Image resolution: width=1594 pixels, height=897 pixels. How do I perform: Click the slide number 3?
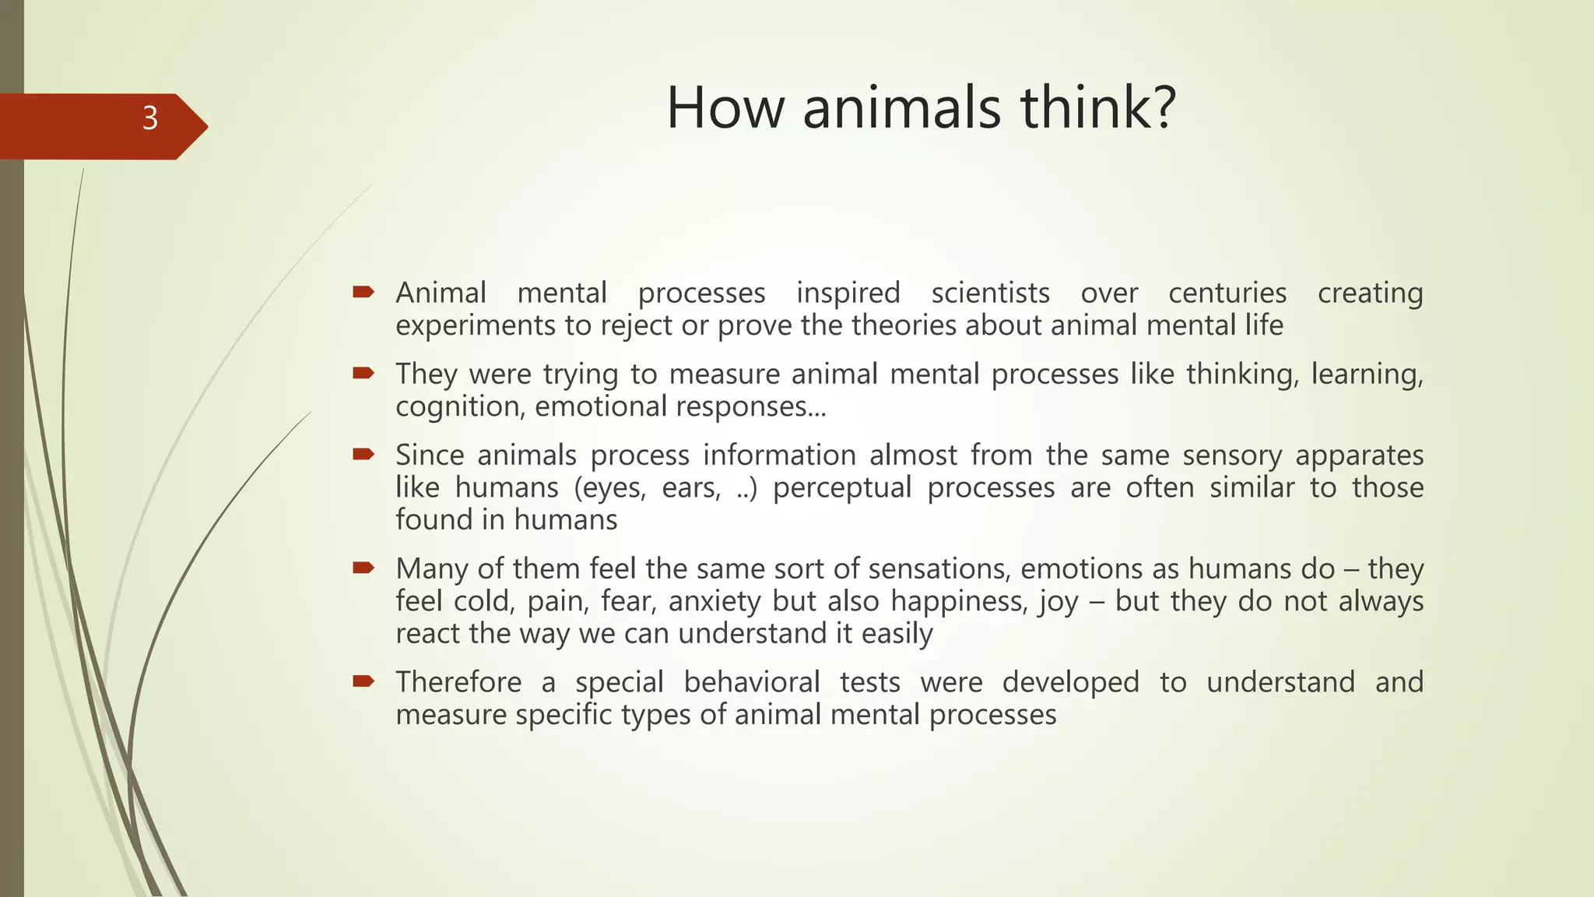[x=150, y=118]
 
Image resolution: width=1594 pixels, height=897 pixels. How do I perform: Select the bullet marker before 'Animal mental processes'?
[x=363, y=293]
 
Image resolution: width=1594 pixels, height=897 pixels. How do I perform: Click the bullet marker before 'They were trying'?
[x=363, y=374]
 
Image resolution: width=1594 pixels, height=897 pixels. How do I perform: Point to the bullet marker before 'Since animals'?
[x=363, y=455]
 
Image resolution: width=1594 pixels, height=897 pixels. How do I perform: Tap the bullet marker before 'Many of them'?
[x=363, y=568]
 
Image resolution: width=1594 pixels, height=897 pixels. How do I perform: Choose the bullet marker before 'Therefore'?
[x=363, y=682]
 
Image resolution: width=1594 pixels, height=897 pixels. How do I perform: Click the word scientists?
[x=990, y=294]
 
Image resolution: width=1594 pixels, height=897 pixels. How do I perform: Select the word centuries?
[x=1227, y=294]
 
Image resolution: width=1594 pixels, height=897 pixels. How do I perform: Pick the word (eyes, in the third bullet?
[x=610, y=488]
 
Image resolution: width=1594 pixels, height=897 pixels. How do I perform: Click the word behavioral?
[x=752, y=683]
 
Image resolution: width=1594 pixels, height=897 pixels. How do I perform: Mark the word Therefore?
[x=458, y=683]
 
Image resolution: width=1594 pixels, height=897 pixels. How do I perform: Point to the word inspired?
[x=848, y=294]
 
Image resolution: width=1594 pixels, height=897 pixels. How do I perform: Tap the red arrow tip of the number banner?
[x=198, y=126]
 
